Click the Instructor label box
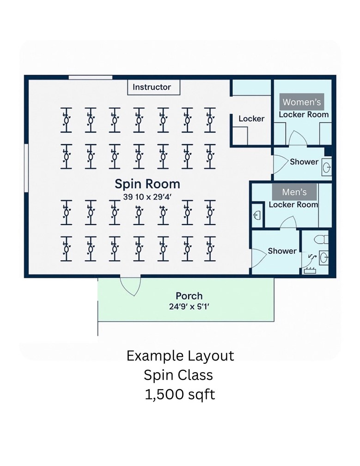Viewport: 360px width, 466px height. pyautogui.click(x=152, y=87)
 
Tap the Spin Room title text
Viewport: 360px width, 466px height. pyautogui.click(x=147, y=184)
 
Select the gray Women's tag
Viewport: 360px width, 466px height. pyautogui.click(x=302, y=102)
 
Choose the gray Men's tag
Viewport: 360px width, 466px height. pyautogui.click(x=294, y=192)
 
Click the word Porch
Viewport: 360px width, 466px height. pyautogui.click(x=189, y=296)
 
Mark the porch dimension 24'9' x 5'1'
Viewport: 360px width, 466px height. pyautogui.click(x=189, y=306)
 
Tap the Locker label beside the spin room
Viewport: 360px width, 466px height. pyautogui.click(x=251, y=119)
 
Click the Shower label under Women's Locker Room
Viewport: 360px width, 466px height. pyautogui.click(x=304, y=162)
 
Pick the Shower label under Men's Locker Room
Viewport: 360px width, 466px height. pyautogui.click(x=282, y=251)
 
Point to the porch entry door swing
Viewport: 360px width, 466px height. pyautogui.click(x=131, y=286)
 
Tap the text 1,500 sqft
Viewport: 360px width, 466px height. pyautogui.click(x=180, y=395)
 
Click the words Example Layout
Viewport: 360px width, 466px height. pyautogui.click(x=180, y=356)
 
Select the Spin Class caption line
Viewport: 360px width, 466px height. pyautogui.click(x=180, y=375)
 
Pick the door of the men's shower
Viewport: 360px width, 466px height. pyautogui.click(x=256, y=253)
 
